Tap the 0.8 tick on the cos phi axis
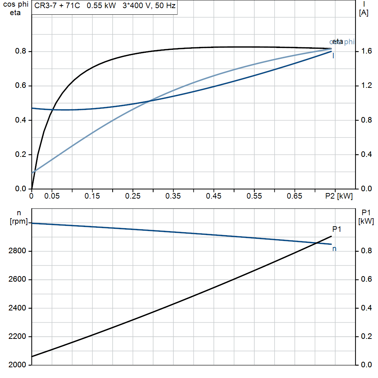pyautogui.click(x=21, y=51)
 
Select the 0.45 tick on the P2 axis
pyautogui.click(x=214, y=196)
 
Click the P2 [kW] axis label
pyautogui.click(x=339, y=196)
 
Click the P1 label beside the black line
pyautogui.click(x=337, y=229)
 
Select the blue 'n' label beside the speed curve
pyautogui.click(x=334, y=249)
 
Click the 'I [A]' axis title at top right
pyautogui.click(x=364, y=9)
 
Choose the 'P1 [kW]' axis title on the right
pyautogui.click(x=366, y=217)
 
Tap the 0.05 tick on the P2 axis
pyautogui.click(x=52, y=196)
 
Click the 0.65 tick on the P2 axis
pyautogui.click(x=295, y=196)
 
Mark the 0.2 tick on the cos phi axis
pyautogui.click(x=21, y=155)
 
